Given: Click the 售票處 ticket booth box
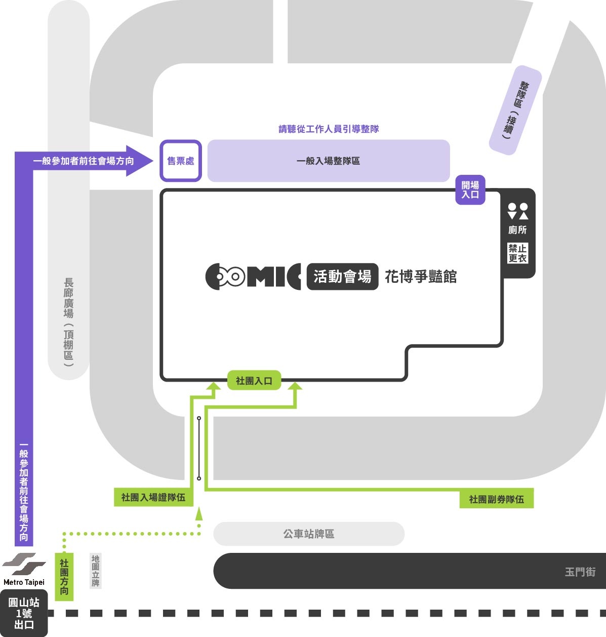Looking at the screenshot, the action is [x=181, y=161].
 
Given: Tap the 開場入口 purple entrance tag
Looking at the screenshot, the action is [x=470, y=190].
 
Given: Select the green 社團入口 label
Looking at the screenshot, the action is [x=254, y=381].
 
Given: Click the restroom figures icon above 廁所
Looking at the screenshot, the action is [x=517, y=211].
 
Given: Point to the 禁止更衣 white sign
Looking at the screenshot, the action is [x=517, y=253].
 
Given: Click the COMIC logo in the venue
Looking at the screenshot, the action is [x=253, y=276].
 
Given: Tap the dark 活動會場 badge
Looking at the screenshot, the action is [x=343, y=276].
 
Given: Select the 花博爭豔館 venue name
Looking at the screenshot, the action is [x=421, y=276].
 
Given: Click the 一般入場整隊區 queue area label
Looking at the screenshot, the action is [x=328, y=161].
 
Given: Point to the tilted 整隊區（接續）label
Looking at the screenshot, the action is [x=515, y=110].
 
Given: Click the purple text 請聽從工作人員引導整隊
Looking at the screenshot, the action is [x=329, y=129].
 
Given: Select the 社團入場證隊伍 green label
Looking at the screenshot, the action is [x=153, y=497].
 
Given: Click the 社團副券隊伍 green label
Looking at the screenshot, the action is [x=497, y=499].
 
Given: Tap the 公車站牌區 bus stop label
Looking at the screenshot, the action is [x=309, y=534].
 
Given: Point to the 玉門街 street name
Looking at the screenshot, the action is [x=580, y=572].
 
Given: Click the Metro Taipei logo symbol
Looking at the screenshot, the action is [x=24, y=564].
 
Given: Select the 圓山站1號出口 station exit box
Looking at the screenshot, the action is [x=24, y=613].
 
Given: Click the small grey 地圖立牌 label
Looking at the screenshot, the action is [x=96, y=571].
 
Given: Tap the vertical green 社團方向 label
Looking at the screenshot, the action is [x=64, y=577].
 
